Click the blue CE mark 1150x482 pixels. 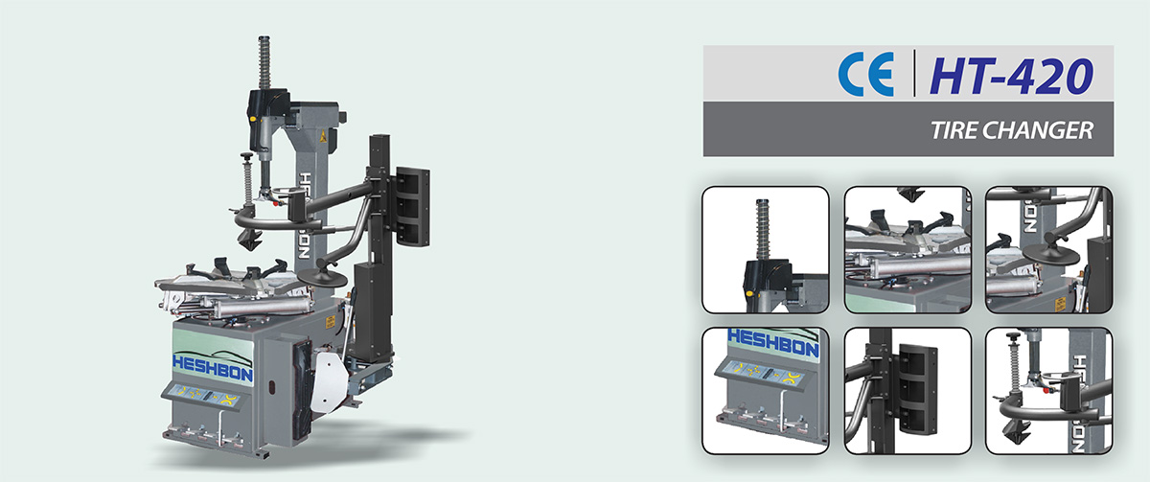tap(866, 74)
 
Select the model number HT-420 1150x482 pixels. tap(1011, 76)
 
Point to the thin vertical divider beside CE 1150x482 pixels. tap(914, 73)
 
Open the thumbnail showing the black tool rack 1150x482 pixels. tap(908, 391)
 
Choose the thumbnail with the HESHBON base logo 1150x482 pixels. tap(766, 391)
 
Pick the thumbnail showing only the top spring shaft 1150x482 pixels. tap(766, 249)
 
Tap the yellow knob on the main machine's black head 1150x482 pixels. tap(253, 119)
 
